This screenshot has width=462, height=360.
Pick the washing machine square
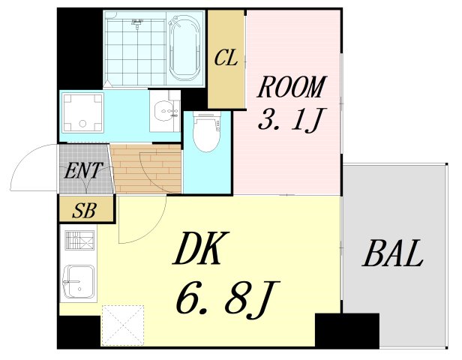pyautogui.click(x=81, y=113)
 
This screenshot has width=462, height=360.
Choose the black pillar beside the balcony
pyautogui.click(x=346, y=329)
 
